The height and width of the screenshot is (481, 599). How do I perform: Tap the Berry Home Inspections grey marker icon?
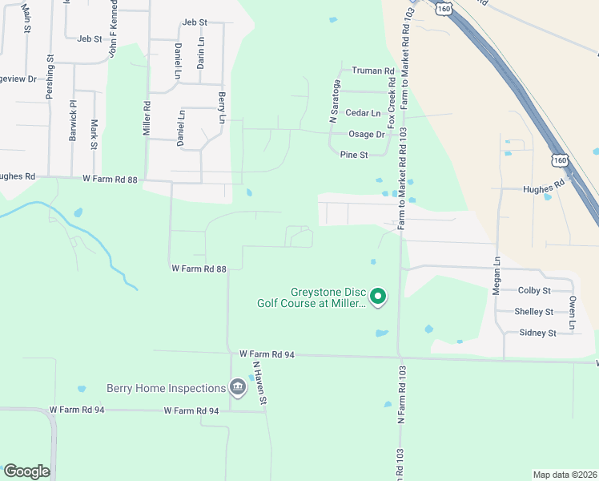237,388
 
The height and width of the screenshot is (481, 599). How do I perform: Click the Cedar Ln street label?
363,113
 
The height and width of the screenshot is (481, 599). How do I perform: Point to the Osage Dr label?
367,134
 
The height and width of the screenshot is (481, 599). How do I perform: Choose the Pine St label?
353,155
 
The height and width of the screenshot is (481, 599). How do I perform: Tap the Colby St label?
534,290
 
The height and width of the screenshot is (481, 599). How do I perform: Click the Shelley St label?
534,311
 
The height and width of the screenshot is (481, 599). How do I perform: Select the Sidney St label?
537,332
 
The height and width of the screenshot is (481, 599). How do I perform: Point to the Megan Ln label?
496,275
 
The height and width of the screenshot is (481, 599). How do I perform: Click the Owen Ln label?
573,313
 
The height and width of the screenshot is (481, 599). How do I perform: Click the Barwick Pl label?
72,121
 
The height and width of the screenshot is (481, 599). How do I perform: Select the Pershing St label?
50,77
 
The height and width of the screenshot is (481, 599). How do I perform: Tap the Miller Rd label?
147,117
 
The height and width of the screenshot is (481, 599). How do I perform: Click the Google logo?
26,471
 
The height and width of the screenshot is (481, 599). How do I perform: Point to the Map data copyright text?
564,475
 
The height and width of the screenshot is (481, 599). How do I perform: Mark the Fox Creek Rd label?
391,105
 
